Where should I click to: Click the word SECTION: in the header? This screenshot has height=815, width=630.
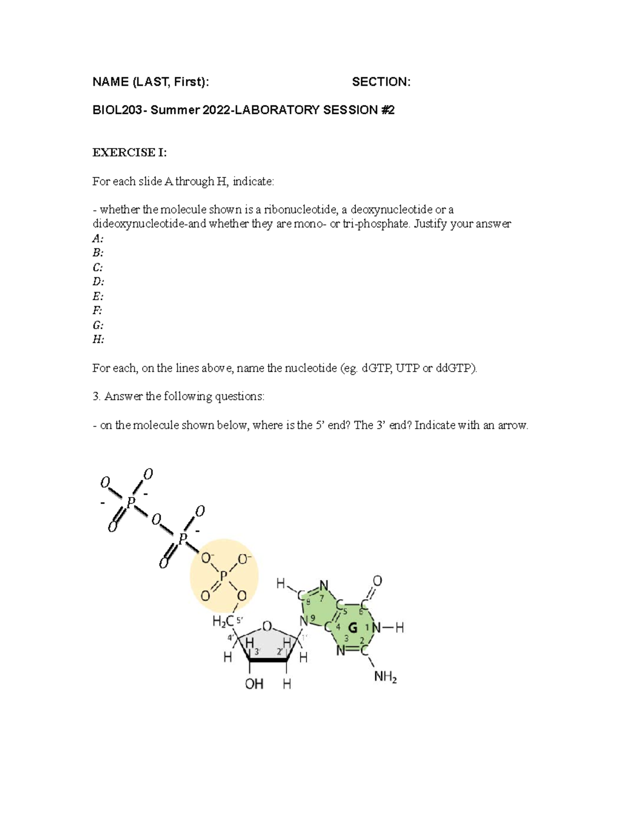[x=381, y=82]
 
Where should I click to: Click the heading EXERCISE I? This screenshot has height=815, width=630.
[x=129, y=153]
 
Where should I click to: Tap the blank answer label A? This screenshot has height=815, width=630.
[x=98, y=238]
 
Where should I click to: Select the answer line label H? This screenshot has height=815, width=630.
[x=98, y=339]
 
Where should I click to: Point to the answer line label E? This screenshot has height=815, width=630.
[x=98, y=296]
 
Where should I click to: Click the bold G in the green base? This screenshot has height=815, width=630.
[x=353, y=628]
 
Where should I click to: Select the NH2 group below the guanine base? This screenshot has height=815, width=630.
[x=385, y=677]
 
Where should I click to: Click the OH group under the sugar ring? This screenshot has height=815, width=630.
[x=254, y=684]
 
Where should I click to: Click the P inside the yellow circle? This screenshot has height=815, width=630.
[x=224, y=576]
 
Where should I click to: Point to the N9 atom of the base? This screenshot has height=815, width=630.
[x=304, y=621]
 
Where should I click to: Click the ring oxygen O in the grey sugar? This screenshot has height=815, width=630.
[x=267, y=626]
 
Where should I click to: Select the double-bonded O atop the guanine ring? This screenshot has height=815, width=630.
[x=377, y=581]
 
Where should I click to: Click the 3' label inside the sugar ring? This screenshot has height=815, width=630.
[x=257, y=651]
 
